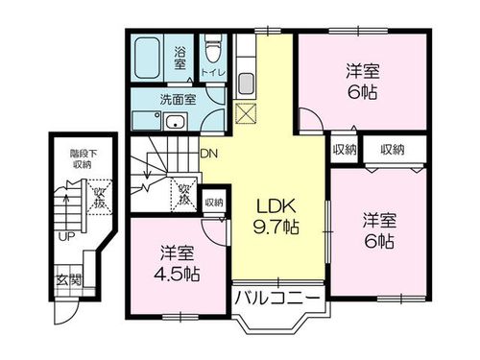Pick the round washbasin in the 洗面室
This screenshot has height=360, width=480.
pos(176,123)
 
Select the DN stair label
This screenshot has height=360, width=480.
pos(208,153)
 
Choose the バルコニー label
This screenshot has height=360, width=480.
pos(276,300)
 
